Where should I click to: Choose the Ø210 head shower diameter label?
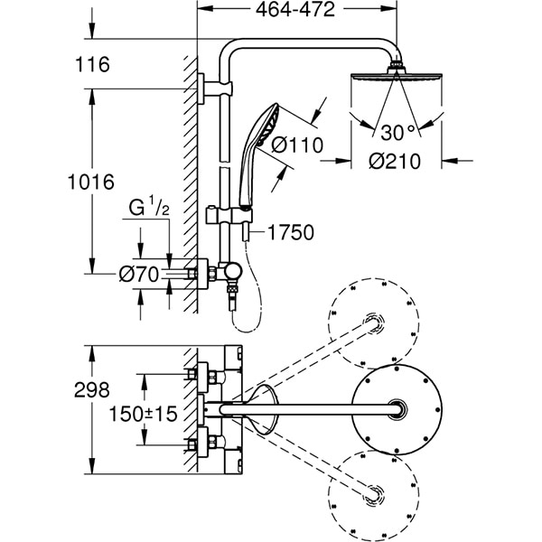[394, 163]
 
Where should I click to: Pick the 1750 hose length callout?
[290, 233]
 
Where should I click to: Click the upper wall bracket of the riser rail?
[214, 88]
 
